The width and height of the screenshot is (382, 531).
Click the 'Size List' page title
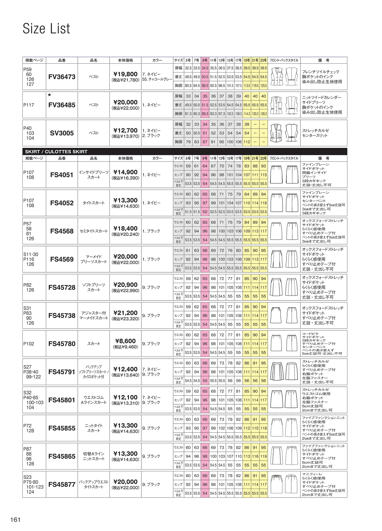click(46, 29)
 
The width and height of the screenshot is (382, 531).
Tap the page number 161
click(15, 520)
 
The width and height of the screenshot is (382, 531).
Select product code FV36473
click(62, 77)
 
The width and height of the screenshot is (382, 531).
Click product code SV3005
click(62, 133)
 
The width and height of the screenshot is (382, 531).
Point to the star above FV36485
click(50, 95)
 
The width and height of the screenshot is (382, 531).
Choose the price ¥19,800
click(125, 74)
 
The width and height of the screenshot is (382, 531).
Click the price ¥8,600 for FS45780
click(125, 341)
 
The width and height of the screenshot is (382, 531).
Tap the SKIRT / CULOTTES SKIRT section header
click(56, 152)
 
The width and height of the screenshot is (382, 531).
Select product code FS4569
click(62, 259)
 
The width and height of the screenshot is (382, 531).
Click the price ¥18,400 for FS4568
click(125, 229)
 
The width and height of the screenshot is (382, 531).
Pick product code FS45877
click(62, 484)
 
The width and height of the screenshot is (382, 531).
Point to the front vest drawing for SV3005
click(276, 133)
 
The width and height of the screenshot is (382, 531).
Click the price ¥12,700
click(125, 130)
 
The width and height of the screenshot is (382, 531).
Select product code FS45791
click(62, 372)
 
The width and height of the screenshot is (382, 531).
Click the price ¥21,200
click(125, 313)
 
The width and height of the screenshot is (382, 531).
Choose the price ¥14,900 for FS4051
click(125, 172)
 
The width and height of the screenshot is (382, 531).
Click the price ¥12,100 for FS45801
click(125, 397)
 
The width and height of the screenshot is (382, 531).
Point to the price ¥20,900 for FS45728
click(125, 285)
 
